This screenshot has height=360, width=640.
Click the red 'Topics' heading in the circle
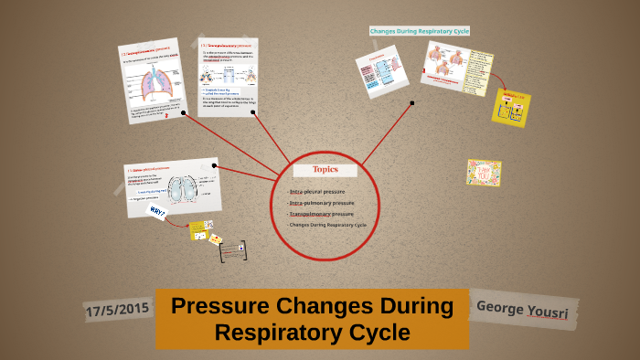click(x=325, y=169)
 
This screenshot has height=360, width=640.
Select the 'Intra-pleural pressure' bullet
click(x=316, y=191)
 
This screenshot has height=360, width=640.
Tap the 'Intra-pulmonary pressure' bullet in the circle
click(x=320, y=203)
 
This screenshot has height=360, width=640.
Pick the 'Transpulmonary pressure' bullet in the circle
click(x=320, y=214)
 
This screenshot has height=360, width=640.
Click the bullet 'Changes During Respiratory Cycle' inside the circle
click(x=326, y=225)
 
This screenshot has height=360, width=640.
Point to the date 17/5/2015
click(x=116, y=311)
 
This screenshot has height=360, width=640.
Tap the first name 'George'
click(x=500, y=308)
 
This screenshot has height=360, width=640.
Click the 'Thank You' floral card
click(x=484, y=173)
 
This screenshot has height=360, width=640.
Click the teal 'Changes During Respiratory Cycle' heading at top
click(x=419, y=31)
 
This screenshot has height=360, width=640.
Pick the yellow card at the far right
click(x=511, y=108)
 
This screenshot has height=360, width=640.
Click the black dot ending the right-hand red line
click(x=412, y=103)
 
